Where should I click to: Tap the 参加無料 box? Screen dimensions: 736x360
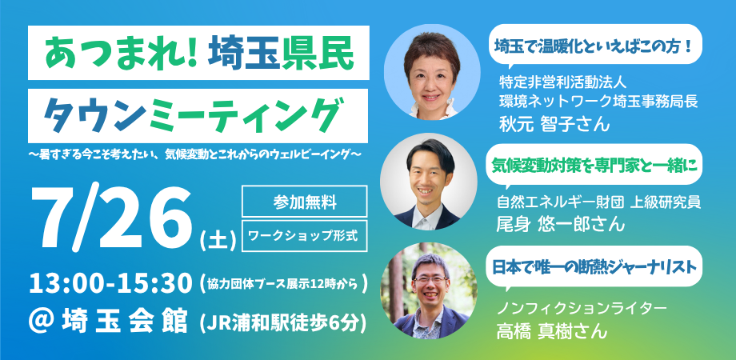click(304, 202)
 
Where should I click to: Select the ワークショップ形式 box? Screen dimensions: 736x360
click(304, 235)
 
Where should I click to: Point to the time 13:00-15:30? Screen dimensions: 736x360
click(111, 283)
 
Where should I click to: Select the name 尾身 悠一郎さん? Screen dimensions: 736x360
click(561, 223)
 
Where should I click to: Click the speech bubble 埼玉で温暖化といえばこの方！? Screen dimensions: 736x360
click(595, 46)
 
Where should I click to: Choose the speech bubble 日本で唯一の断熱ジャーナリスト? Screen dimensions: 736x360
click(594, 266)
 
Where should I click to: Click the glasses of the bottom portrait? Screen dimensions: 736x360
click(430, 280)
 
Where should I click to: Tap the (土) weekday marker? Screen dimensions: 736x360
click(218, 241)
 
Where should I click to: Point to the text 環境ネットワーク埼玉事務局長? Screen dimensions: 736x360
click(598, 102)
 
